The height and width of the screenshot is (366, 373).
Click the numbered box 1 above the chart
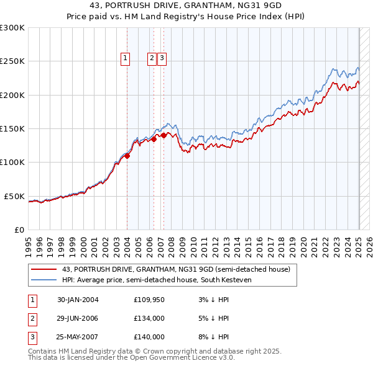click(125, 59)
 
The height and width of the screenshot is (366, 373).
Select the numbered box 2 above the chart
click(152, 59)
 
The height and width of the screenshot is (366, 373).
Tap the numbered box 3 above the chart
click(162, 59)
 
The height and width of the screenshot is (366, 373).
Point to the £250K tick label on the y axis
click(12, 61)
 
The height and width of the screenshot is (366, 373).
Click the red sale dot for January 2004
click(127, 156)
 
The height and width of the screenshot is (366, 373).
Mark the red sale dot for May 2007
click(163, 135)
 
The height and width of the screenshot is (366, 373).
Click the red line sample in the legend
click(44, 269)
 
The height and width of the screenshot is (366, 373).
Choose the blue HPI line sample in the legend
click(44, 280)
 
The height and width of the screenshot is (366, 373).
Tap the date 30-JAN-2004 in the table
click(78, 300)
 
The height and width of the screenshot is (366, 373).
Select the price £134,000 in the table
click(149, 318)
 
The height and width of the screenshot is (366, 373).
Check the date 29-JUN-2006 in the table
click(78, 318)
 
